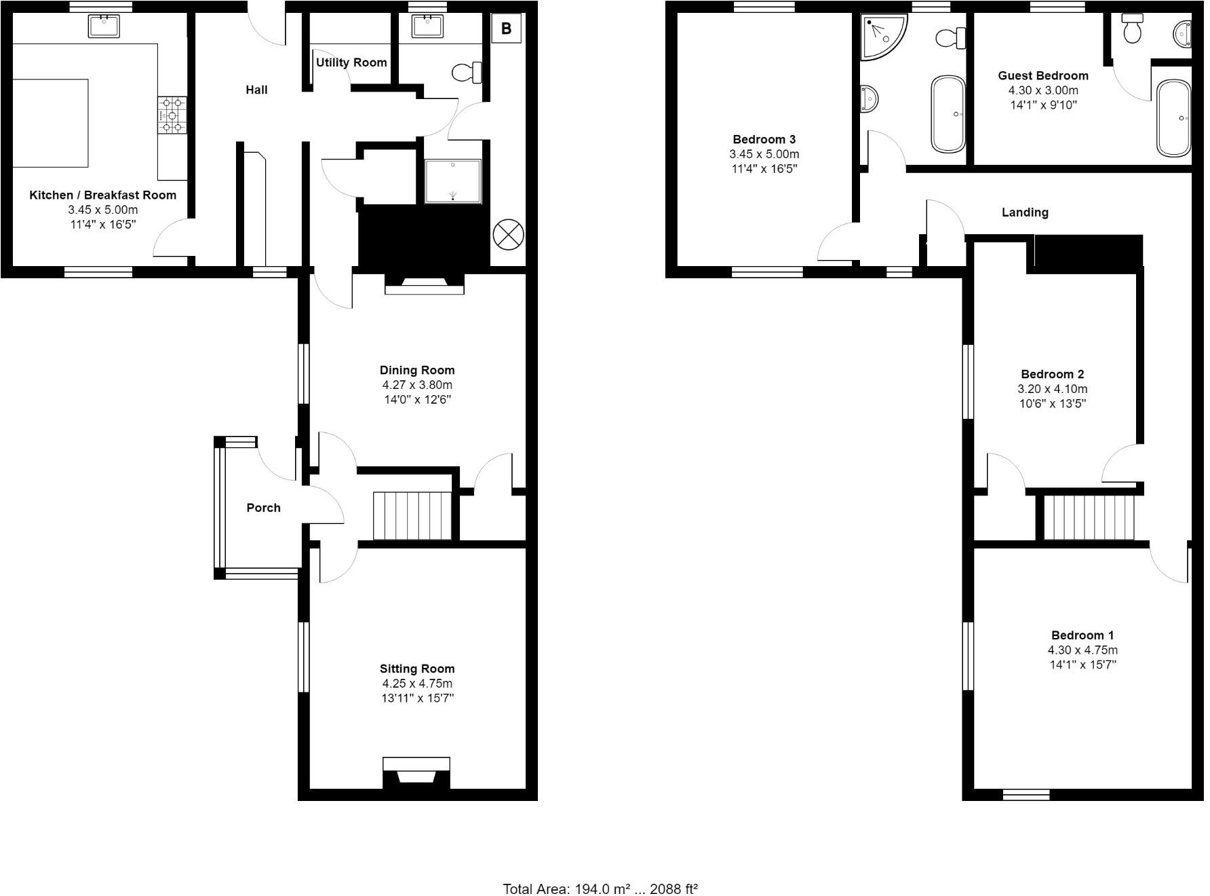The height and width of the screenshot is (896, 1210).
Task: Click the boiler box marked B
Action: click(x=506, y=29)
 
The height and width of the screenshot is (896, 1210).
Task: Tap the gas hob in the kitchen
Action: click(x=172, y=115)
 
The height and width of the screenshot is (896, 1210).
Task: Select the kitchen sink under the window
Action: click(x=104, y=26)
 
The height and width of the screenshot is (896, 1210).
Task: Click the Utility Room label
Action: click(x=351, y=62)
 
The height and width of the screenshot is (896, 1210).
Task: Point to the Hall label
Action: click(x=256, y=90)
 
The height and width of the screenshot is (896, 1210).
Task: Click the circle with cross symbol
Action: click(x=508, y=235)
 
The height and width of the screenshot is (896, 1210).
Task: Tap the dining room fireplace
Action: click(x=425, y=283)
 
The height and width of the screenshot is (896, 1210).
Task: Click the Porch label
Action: click(x=263, y=508)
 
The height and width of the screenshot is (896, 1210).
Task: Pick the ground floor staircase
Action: click(x=412, y=516)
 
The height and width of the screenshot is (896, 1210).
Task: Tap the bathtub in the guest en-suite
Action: click(x=1173, y=119)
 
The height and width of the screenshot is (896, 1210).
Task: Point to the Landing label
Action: click(x=1025, y=212)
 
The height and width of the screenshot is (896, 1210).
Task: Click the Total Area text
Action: click(x=600, y=889)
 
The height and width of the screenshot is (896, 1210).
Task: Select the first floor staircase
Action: click(x=1089, y=518)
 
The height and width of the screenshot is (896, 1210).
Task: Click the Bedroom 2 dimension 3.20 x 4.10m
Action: click(x=1052, y=389)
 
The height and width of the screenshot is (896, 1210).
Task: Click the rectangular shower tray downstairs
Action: click(x=453, y=181)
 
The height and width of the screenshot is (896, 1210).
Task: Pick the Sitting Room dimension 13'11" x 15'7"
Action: click(x=416, y=698)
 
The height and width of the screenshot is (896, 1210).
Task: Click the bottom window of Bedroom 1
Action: click(x=1026, y=794)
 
